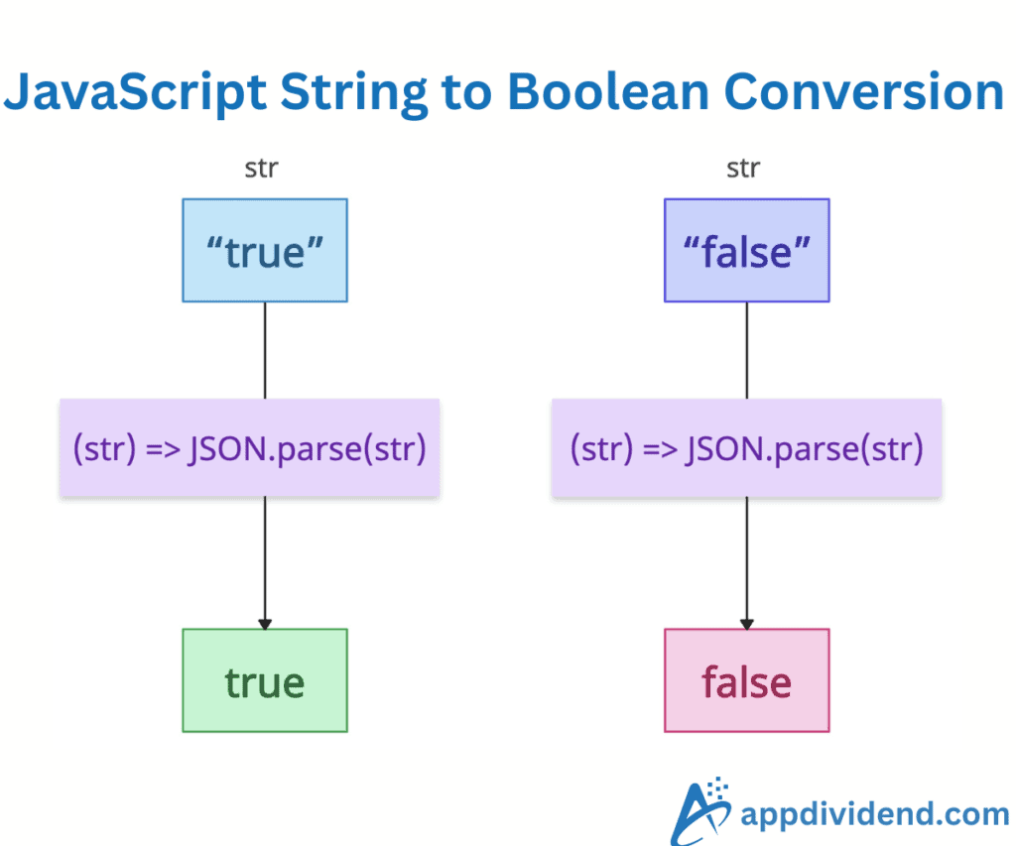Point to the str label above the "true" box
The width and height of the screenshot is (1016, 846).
[x=261, y=169]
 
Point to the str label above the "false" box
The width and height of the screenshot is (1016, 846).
[x=742, y=169]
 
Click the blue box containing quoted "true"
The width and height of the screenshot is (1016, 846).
[x=265, y=250]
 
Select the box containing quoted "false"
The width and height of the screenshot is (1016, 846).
[x=746, y=250]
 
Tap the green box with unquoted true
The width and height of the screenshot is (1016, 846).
[x=265, y=680]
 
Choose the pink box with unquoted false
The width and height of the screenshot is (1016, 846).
[x=746, y=680]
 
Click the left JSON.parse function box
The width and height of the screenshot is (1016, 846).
[x=249, y=448]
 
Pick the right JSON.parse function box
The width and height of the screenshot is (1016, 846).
[x=746, y=448]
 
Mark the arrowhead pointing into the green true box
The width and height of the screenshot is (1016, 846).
[x=265, y=622]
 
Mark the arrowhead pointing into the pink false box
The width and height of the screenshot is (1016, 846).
[x=747, y=622]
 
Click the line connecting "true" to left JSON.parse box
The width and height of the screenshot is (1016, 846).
[x=265, y=350]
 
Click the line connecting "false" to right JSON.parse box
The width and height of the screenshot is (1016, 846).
[x=747, y=350]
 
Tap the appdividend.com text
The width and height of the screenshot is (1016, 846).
[x=874, y=815]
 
